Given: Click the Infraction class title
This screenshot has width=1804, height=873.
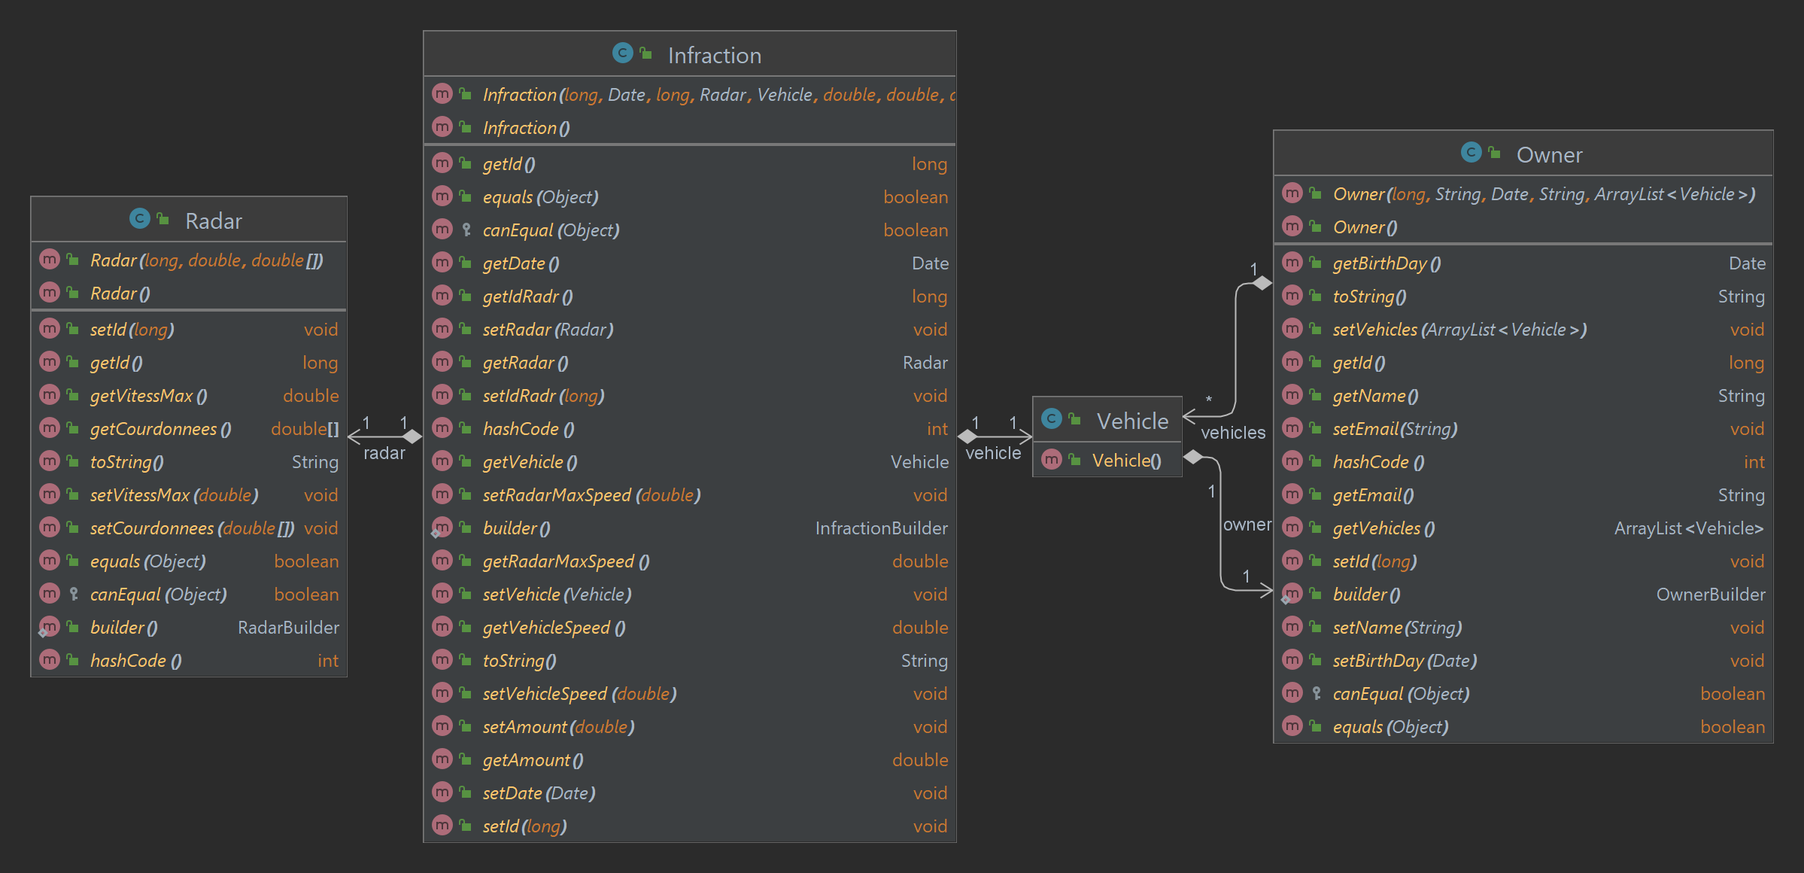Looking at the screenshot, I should pyautogui.click(x=714, y=56).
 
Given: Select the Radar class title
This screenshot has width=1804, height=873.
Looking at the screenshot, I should pyautogui.click(x=213, y=221).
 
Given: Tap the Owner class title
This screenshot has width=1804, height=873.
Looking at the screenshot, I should pyautogui.click(x=1548, y=155).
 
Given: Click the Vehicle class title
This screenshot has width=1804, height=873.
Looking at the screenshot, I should pyautogui.click(x=1131, y=421).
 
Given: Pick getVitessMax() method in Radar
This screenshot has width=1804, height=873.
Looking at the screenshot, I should pyautogui.click(x=148, y=396).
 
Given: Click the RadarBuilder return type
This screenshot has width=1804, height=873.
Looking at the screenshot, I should pyautogui.click(x=288, y=628).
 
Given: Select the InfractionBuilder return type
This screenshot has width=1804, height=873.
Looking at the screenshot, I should pyautogui.click(x=881, y=528).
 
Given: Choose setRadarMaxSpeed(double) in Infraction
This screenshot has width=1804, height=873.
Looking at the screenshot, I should pyautogui.click(x=591, y=495).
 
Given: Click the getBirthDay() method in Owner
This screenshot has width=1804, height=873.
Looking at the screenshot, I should pyautogui.click(x=1386, y=263).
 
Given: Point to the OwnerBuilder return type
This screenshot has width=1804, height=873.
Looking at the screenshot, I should pyautogui.click(x=1710, y=595).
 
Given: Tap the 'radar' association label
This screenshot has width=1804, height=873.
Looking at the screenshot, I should pyautogui.click(x=384, y=453).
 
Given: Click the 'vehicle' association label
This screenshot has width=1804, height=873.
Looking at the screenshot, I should pyautogui.click(x=992, y=453).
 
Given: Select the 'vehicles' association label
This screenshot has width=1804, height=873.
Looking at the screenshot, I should pyautogui.click(x=1232, y=433).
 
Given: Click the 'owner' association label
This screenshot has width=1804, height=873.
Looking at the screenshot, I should pyautogui.click(x=1246, y=525).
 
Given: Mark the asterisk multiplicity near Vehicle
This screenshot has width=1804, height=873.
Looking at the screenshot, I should pyautogui.click(x=1208, y=400).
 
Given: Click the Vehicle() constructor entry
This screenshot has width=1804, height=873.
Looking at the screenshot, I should pyautogui.click(x=1126, y=461).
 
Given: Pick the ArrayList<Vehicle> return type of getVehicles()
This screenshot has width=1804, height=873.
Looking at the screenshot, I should pyautogui.click(x=1688, y=528).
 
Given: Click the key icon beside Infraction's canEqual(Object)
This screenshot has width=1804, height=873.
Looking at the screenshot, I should pyautogui.click(x=466, y=230).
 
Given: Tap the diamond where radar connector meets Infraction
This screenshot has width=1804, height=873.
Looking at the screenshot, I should pyautogui.click(x=412, y=436).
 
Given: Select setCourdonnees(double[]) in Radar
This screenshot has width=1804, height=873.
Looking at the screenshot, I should pyautogui.click(x=192, y=528).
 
